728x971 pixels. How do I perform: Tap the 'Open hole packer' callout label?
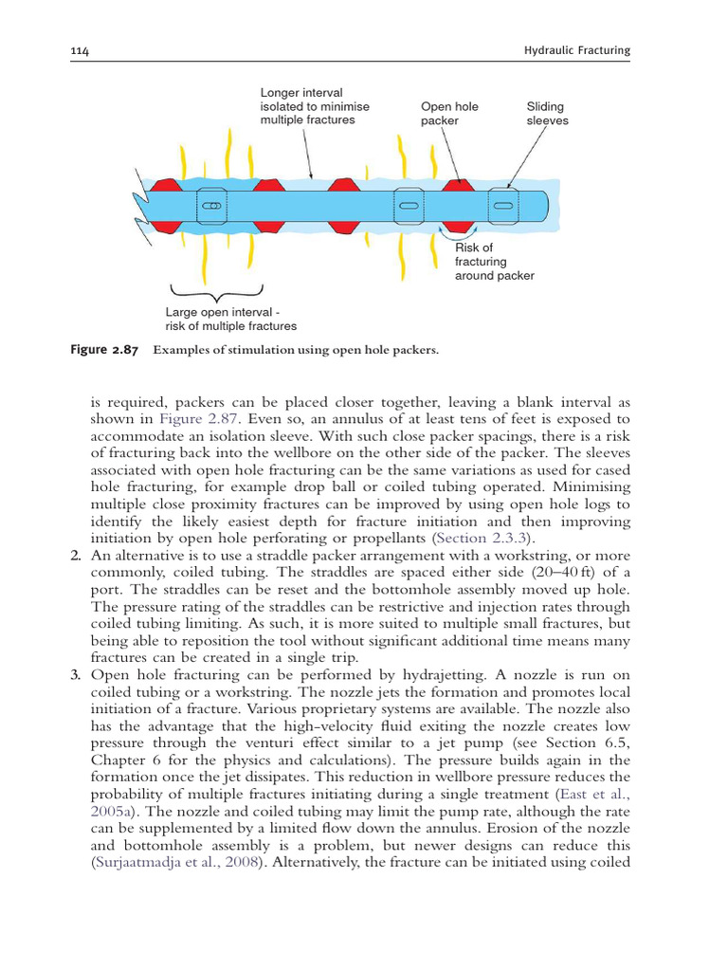[449, 114]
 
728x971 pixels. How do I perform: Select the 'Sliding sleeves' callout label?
[547, 114]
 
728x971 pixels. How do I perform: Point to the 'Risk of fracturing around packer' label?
[494, 262]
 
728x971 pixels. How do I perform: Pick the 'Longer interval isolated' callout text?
[315, 106]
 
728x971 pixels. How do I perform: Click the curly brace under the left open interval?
[216, 290]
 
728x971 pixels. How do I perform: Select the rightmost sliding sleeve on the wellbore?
[503, 205]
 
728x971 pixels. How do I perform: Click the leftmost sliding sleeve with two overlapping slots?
[212, 205]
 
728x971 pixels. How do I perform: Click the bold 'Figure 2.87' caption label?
[104, 350]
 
